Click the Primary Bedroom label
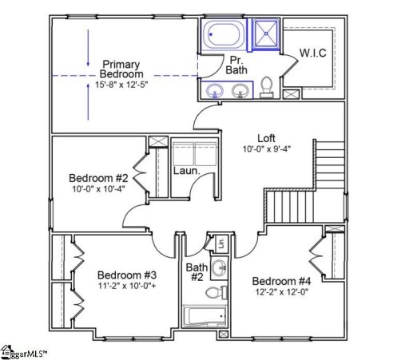121,69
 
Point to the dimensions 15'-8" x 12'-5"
121,85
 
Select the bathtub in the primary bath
224,36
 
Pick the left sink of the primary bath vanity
214,90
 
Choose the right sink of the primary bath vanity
239,90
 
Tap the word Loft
267,136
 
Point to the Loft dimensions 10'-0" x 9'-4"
268,148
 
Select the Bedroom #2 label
98,177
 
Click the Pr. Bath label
236,65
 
